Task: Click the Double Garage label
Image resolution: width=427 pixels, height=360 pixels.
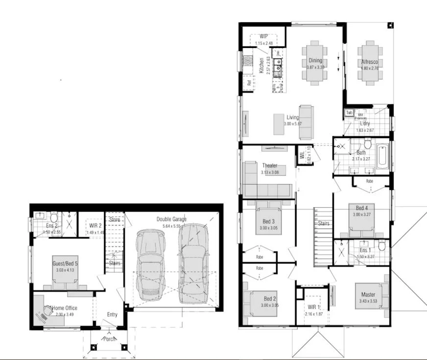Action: (171, 219)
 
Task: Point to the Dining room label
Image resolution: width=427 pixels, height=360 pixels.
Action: (315, 61)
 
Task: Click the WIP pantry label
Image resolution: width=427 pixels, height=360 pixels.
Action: (263, 36)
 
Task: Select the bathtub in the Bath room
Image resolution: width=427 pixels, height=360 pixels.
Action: (383, 157)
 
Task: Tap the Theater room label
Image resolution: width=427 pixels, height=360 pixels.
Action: (269, 166)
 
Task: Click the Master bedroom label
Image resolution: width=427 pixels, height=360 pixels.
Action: (368, 294)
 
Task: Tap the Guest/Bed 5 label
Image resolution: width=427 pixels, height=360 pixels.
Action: (65, 264)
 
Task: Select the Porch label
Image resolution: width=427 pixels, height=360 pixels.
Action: (109, 339)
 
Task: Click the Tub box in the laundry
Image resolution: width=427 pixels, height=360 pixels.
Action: (349, 113)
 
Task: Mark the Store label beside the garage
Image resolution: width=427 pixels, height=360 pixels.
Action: (115, 219)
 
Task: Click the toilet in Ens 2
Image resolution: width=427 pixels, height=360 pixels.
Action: (54, 216)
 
